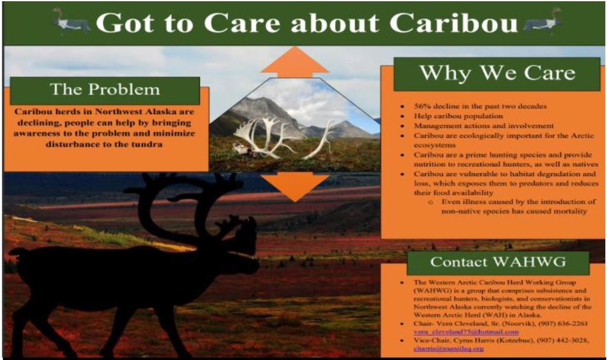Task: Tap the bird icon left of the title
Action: point(71,22)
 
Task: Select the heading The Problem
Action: point(105,90)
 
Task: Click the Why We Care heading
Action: point(497,74)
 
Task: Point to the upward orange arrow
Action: point(295,63)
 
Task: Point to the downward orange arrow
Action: point(295,186)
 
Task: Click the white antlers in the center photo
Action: point(267,138)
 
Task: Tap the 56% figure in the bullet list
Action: point(414,106)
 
